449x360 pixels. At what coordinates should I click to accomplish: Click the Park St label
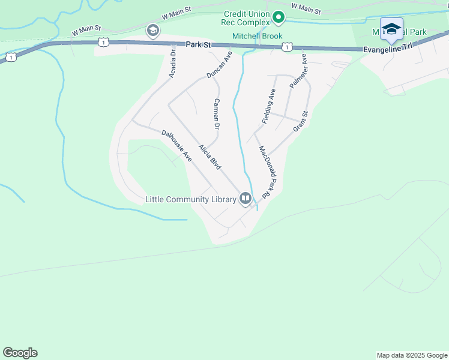pyautogui.click(x=199, y=44)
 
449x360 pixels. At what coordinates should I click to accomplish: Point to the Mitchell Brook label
pyautogui.click(x=256, y=37)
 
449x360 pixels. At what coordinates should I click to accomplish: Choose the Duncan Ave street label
pyautogui.click(x=219, y=65)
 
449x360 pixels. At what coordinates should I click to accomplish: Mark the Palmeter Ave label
pyautogui.click(x=298, y=71)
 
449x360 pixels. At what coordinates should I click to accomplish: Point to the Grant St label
pyautogui.click(x=300, y=122)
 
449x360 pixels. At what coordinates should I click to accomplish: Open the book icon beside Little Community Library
pyautogui.click(x=245, y=199)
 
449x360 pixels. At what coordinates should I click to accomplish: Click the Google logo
pyautogui.click(x=20, y=353)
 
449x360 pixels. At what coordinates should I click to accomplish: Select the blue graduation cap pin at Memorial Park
pyautogui.click(x=392, y=29)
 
